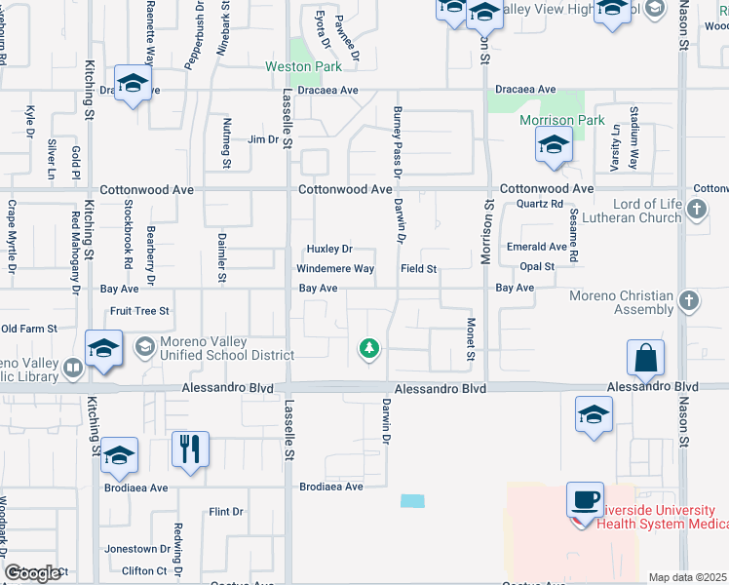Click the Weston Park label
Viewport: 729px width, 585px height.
pyautogui.click(x=304, y=67)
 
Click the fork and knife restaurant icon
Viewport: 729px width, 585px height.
pyautogui.click(x=189, y=450)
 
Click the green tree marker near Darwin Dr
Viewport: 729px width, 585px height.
pyautogui.click(x=368, y=348)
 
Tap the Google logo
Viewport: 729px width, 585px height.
pyautogui.click(x=32, y=573)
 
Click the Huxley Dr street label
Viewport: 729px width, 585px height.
pyautogui.click(x=329, y=250)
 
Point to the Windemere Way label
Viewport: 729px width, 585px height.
pyautogui.click(x=335, y=268)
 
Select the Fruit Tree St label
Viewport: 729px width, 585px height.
pyautogui.click(x=139, y=311)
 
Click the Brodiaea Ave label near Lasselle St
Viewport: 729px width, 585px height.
pyautogui.click(x=331, y=487)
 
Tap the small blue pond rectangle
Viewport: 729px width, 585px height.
pyautogui.click(x=412, y=500)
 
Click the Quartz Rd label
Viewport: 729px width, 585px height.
pyautogui.click(x=541, y=204)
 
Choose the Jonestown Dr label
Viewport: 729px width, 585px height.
pyautogui.click(x=136, y=549)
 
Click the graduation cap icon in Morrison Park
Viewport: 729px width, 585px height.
pyautogui.click(x=553, y=148)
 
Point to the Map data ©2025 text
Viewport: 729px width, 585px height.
pyautogui.click(x=687, y=577)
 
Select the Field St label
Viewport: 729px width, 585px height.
pyautogui.click(x=417, y=268)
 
